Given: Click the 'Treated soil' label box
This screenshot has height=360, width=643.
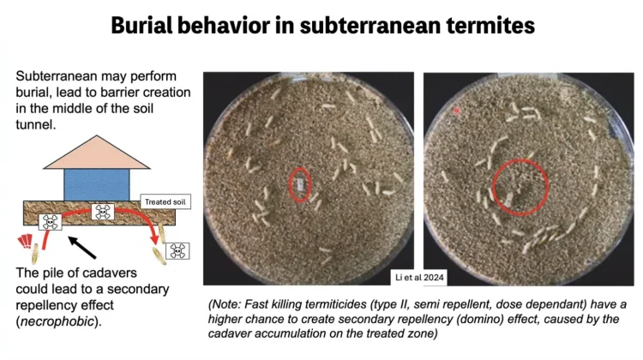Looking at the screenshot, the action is coord(165,201).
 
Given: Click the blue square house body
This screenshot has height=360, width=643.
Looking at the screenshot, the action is coord(97,185).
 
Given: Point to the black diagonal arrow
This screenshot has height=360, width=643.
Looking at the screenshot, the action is coord(82,247).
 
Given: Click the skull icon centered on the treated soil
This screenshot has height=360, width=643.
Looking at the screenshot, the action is coord(102,212).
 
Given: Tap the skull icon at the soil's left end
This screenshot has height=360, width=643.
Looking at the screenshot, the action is coord(50,222).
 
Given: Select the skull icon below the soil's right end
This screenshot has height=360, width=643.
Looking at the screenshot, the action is coord(177,251).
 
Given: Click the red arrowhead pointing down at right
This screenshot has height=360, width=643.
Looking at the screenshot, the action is coord(154,238).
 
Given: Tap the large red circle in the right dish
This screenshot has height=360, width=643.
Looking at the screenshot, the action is coord(492,188).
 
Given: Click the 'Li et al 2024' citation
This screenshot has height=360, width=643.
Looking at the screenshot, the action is coord(419,278).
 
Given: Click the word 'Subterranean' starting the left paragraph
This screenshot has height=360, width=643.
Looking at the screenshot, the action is coord(57,76).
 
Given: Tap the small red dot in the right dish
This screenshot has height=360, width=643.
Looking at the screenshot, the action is coord(456,111).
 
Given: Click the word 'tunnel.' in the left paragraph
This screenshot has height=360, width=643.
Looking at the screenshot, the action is coord(36,124).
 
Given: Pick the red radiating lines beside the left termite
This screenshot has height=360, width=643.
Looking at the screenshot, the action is coord(25,241).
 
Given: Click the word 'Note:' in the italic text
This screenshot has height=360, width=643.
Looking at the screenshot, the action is coord(226,304).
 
